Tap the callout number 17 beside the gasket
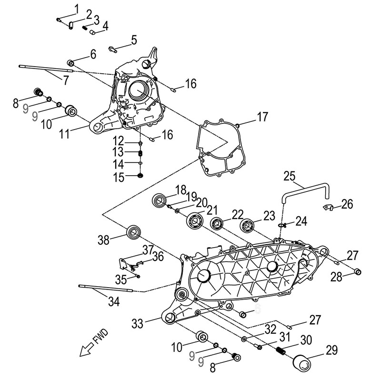tap(262, 117)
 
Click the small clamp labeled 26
tap(328, 207)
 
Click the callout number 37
tap(148, 250)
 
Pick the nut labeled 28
tap(358, 272)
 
